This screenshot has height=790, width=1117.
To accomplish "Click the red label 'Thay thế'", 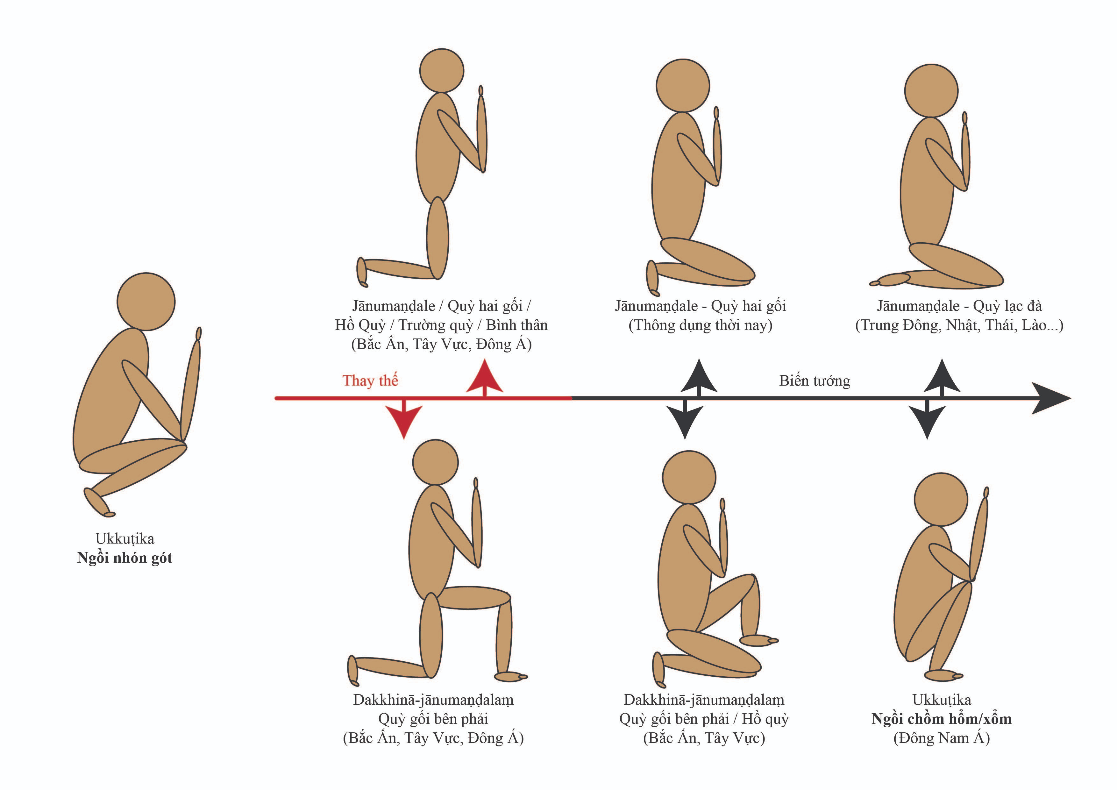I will [370, 381].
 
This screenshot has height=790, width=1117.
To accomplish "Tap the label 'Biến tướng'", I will [815, 381].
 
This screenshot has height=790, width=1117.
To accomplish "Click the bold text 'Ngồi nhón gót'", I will [125, 558].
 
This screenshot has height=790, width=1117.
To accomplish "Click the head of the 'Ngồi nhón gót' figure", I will [146, 302].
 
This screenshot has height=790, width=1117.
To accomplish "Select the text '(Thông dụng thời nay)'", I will [701, 325].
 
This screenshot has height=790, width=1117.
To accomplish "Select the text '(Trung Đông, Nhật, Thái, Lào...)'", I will [959, 325].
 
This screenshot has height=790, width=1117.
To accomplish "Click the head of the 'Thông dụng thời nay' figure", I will [683, 86].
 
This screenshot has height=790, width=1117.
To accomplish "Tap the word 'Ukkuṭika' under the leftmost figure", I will [125, 538].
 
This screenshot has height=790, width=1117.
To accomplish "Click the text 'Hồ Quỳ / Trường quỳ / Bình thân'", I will [441, 325].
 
